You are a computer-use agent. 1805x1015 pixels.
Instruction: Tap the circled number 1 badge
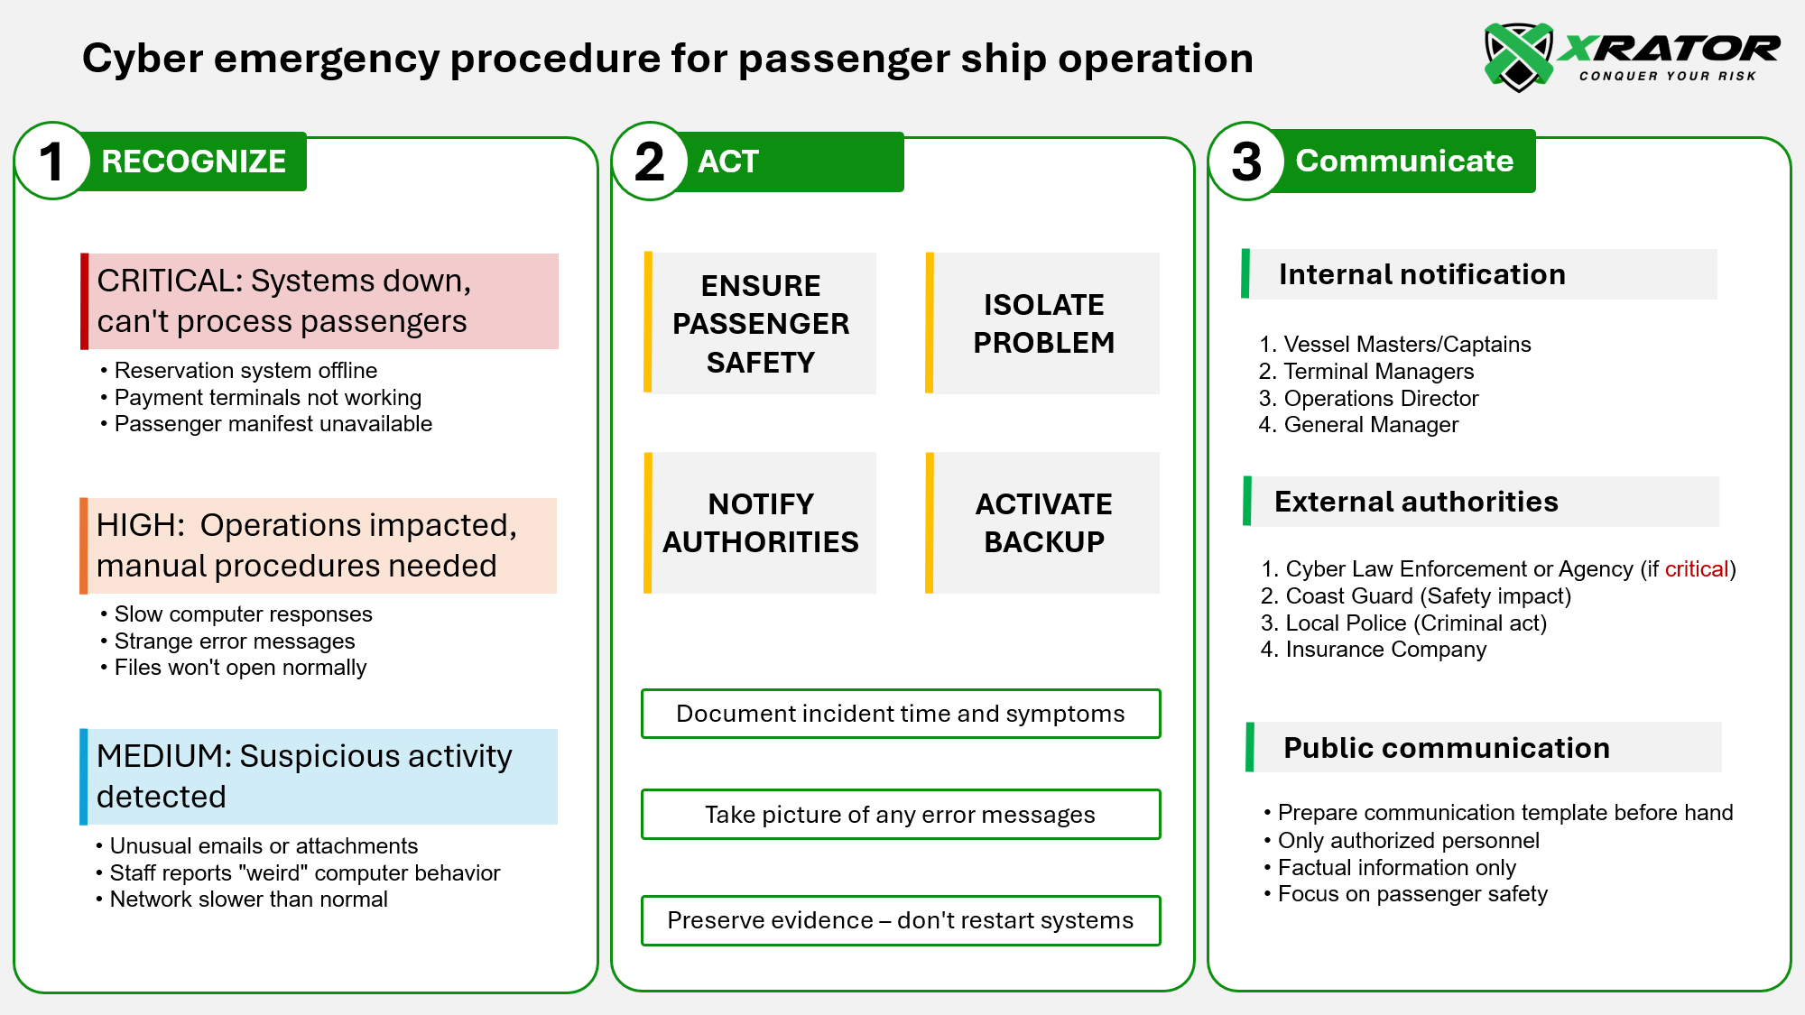(52, 161)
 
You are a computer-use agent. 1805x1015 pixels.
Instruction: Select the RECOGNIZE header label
(193, 161)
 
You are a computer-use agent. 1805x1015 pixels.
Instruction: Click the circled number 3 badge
(1246, 161)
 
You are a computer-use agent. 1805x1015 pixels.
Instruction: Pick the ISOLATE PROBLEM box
(1043, 324)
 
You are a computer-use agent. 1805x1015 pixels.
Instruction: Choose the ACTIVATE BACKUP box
(1043, 523)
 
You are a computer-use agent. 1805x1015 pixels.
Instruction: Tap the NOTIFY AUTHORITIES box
(761, 523)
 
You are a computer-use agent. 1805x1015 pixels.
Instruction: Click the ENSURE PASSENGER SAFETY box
(761, 324)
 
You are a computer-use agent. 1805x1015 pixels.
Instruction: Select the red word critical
(1696, 569)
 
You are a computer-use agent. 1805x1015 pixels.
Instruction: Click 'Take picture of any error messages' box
(900, 815)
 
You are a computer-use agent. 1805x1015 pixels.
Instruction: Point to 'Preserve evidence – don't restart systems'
(900, 920)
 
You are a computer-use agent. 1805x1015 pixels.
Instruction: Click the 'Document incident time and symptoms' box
(900, 714)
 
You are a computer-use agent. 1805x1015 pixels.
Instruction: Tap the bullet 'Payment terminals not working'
(267, 398)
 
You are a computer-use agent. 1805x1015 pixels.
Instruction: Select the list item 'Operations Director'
(1381, 399)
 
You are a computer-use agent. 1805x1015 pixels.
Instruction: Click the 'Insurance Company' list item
(1385, 650)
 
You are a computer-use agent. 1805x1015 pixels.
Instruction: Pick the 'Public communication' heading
(1446, 748)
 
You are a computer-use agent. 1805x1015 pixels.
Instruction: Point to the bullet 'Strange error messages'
(235, 641)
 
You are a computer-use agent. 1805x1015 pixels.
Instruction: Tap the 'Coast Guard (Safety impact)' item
(1428, 596)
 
